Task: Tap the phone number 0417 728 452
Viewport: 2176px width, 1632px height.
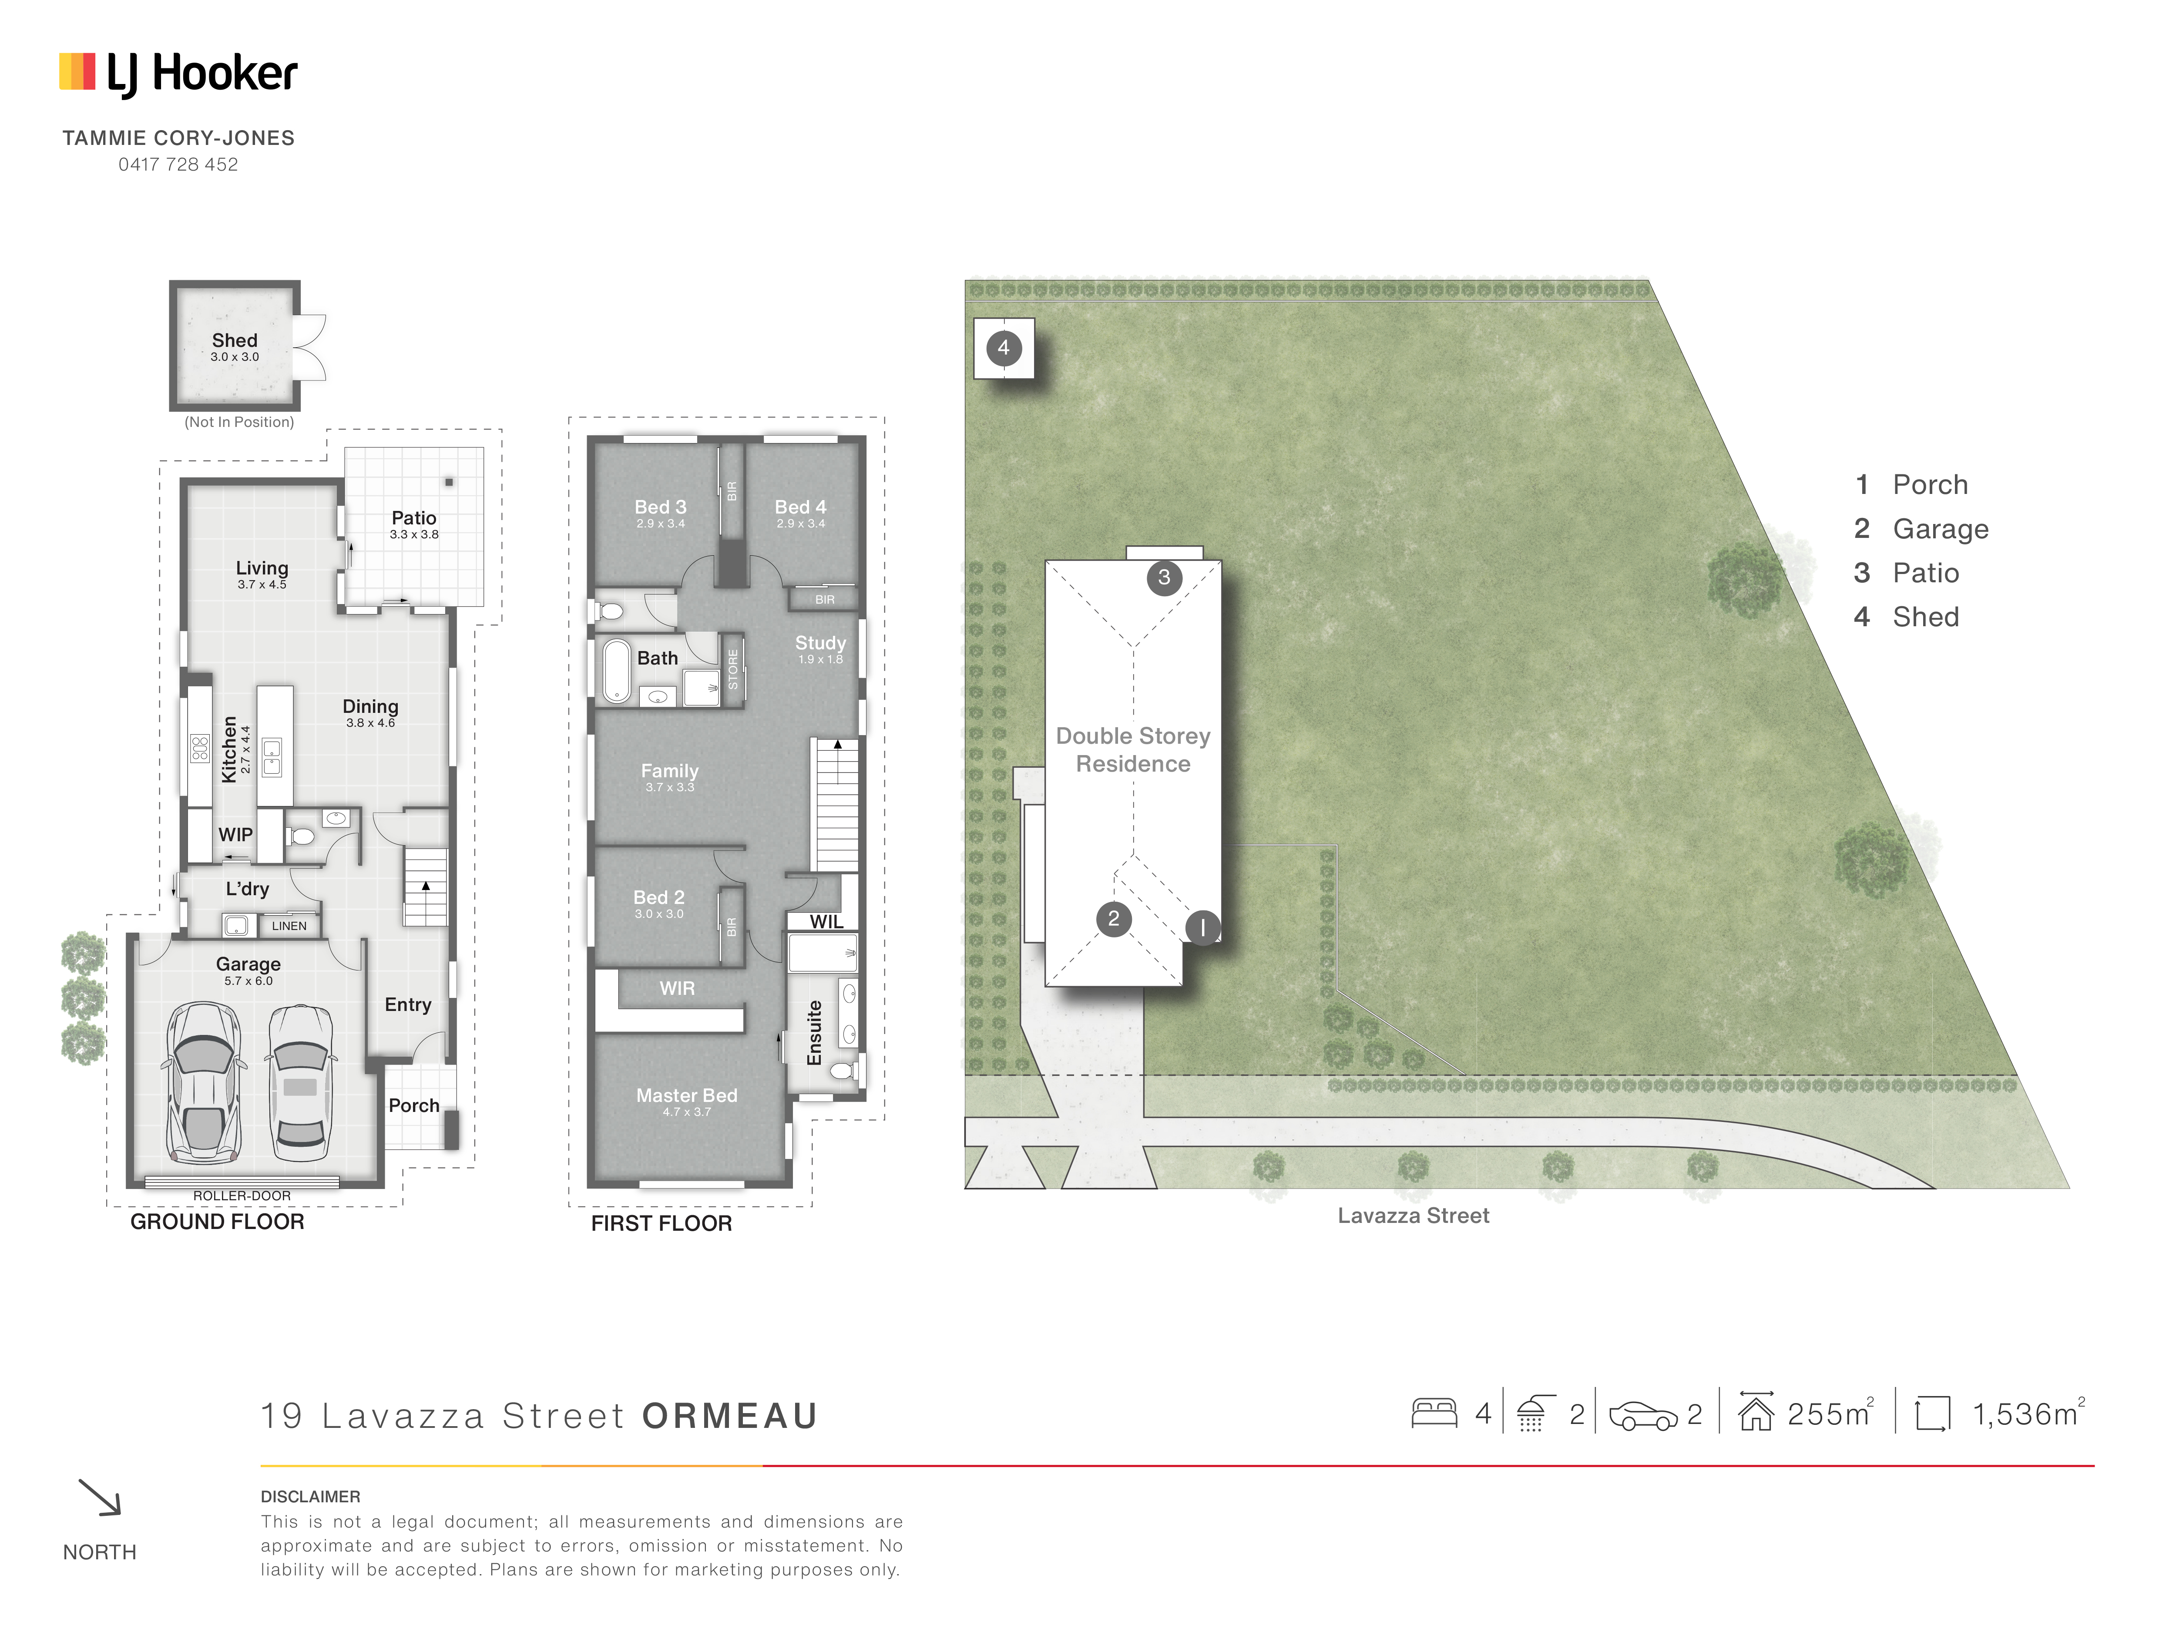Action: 178,164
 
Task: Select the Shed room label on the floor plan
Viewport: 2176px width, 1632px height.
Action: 234,340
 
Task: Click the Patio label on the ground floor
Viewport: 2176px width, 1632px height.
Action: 413,517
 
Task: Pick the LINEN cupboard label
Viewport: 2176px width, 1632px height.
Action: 289,926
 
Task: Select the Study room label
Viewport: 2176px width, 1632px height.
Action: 820,642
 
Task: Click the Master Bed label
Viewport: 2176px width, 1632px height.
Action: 687,1095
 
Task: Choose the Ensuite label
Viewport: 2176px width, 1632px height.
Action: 815,1033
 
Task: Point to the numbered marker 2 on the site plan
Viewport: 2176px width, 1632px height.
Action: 1114,919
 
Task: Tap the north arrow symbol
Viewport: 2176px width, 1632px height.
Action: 99,1497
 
